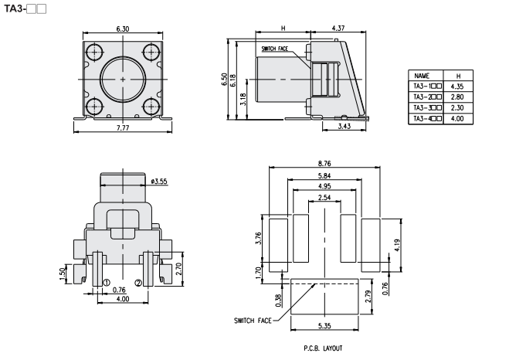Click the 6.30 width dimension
[123, 29]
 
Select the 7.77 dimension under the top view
[123, 127]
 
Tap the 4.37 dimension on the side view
[337, 29]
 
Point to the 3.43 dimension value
[344, 126]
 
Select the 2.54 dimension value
[324, 198]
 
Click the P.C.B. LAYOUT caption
[324, 348]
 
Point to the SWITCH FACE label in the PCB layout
[254, 320]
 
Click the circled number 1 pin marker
[107, 282]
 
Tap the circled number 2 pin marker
[138, 282]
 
